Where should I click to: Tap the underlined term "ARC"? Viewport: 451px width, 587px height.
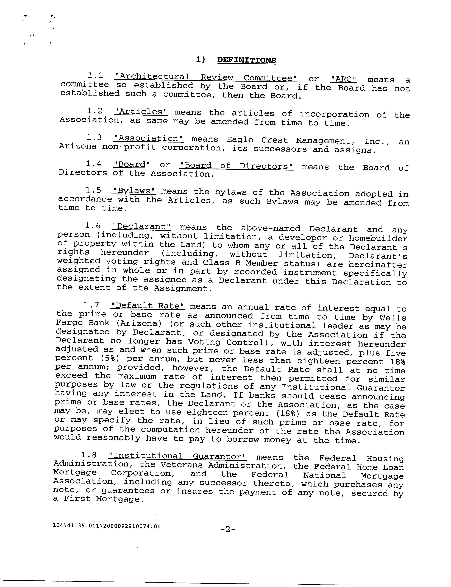(343, 79)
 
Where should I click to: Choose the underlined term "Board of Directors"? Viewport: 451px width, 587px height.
(236, 166)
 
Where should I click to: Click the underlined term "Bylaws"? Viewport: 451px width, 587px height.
(134, 191)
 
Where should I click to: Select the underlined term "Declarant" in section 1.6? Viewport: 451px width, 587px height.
(141, 227)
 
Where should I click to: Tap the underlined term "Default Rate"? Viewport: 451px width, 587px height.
(147, 306)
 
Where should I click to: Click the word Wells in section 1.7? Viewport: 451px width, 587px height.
(393, 318)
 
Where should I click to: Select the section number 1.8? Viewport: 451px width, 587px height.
(89, 455)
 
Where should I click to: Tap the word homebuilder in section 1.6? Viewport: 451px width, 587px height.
(378, 238)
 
